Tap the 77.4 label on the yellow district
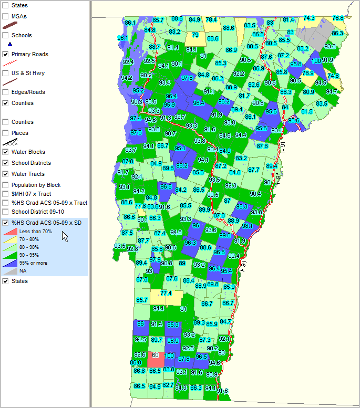pyautogui.click(x=166, y=293)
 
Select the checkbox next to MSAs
pyautogui.click(x=6, y=17)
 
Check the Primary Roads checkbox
pyautogui.click(x=6, y=54)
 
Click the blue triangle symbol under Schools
pyautogui.click(x=9, y=44)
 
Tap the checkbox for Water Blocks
pyautogui.click(x=6, y=152)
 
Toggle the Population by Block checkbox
pyautogui.click(x=6, y=185)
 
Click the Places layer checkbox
pyautogui.click(x=6, y=133)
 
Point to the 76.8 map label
pyautogui.click(x=338, y=18)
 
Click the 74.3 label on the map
pyautogui.click(x=309, y=18)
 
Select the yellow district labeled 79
pyautogui.click(x=195, y=35)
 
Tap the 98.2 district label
pyautogui.click(x=182, y=165)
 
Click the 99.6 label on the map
pyautogui.click(x=224, y=235)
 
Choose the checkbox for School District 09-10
pyautogui.click(x=6, y=212)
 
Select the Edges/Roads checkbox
pyautogui.click(x=6, y=92)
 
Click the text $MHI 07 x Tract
pyautogui.click(x=31, y=194)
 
